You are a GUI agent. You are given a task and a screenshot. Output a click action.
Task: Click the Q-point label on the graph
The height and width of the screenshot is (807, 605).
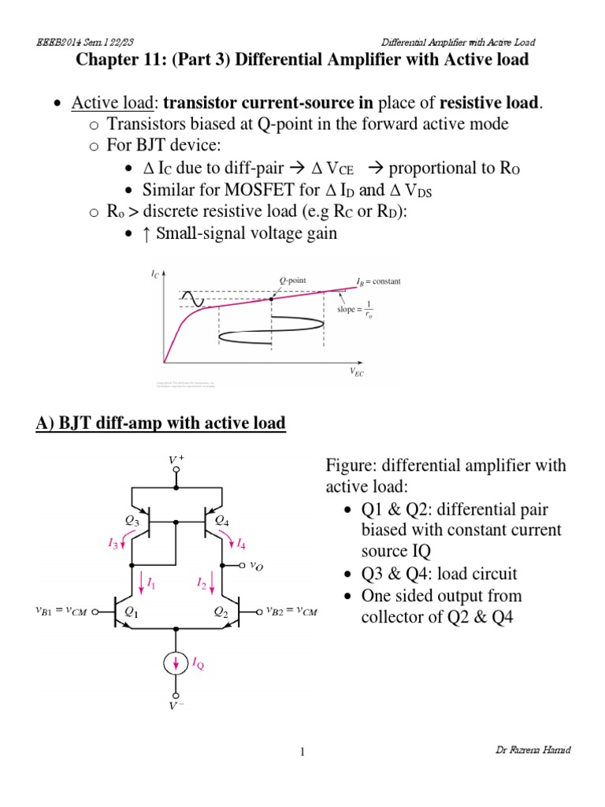pyautogui.click(x=292, y=281)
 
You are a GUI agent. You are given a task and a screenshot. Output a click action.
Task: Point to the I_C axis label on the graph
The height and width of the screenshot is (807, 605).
pyautogui.click(x=154, y=274)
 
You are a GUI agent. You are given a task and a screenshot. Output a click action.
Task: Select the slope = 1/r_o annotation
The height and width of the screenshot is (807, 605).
pyautogui.click(x=358, y=310)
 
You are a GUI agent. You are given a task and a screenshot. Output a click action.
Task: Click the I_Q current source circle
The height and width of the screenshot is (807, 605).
pyautogui.click(x=176, y=664)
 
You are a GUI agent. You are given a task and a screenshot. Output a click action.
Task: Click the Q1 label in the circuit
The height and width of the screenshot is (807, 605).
pyautogui.click(x=132, y=611)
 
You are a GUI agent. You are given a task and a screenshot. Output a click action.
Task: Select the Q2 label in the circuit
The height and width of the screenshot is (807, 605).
pyautogui.click(x=222, y=611)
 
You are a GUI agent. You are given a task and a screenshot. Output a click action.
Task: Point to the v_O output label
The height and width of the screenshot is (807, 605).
pyautogui.click(x=258, y=566)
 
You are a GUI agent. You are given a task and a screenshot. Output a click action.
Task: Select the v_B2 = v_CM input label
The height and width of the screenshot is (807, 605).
pyautogui.click(x=291, y=610)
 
